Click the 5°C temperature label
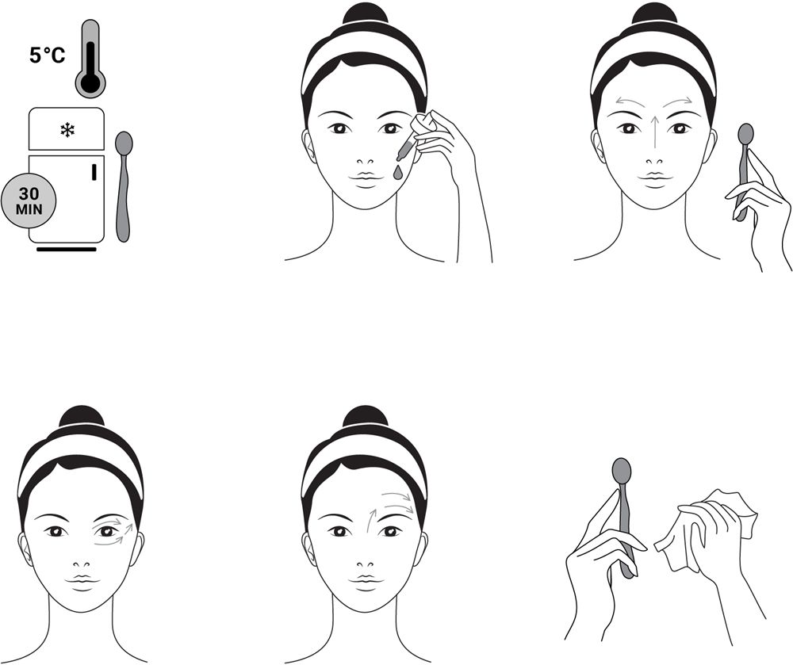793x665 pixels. (47, 55)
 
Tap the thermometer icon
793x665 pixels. (90, 58)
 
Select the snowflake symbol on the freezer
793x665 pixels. (67, 130)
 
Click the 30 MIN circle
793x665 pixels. (29, 201)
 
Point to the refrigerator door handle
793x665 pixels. (94, 172)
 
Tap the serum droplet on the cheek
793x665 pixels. (397, 173)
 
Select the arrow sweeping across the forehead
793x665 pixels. (398, 498)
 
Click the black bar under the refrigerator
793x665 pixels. (67, 249)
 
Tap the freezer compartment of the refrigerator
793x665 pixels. (67, 129)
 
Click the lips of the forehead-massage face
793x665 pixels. (365, 580)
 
